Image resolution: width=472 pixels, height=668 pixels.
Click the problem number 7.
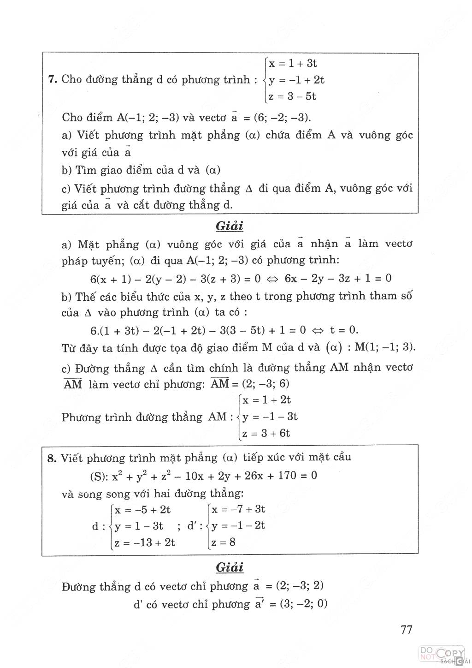click(x=52, y=79)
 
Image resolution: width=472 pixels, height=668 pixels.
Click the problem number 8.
click(x=52, y=458)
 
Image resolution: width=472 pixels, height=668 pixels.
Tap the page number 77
click(x=406, y=629)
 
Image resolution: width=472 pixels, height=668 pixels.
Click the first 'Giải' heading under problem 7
click(x=229, y=226)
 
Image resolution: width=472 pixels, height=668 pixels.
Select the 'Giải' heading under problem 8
click(x=229, y=567)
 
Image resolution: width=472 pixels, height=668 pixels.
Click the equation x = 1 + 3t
click(x=293, y=63)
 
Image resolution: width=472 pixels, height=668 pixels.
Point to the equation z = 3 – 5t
click(x=292, y=96)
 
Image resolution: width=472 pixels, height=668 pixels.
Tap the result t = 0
click(x=344, y=330)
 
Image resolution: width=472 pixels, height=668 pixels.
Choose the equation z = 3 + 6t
click(x=266, y=433)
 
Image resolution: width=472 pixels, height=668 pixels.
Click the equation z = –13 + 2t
click(x=145, y=543)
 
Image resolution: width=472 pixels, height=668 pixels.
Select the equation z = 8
click(x=223, y=542)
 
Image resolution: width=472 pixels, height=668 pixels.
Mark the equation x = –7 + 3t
click(x=238, y=509)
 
